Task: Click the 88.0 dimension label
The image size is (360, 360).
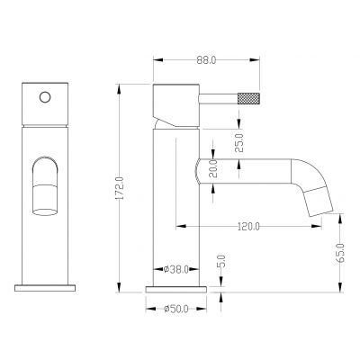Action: tap(206, 60)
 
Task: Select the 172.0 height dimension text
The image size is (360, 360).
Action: tap(120, 188)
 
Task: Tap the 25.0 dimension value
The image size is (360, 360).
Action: tap(239, 143)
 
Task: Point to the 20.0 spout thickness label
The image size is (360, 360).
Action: tap(213, 169)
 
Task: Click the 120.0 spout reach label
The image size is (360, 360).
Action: tap(248, 226)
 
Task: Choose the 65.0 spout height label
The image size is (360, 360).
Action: tap(340, 253)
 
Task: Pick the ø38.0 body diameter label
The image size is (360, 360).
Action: tap(176, 269)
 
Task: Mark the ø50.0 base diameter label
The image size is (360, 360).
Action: tap(176, 309)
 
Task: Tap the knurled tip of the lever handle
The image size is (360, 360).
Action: tap(248, 98)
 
